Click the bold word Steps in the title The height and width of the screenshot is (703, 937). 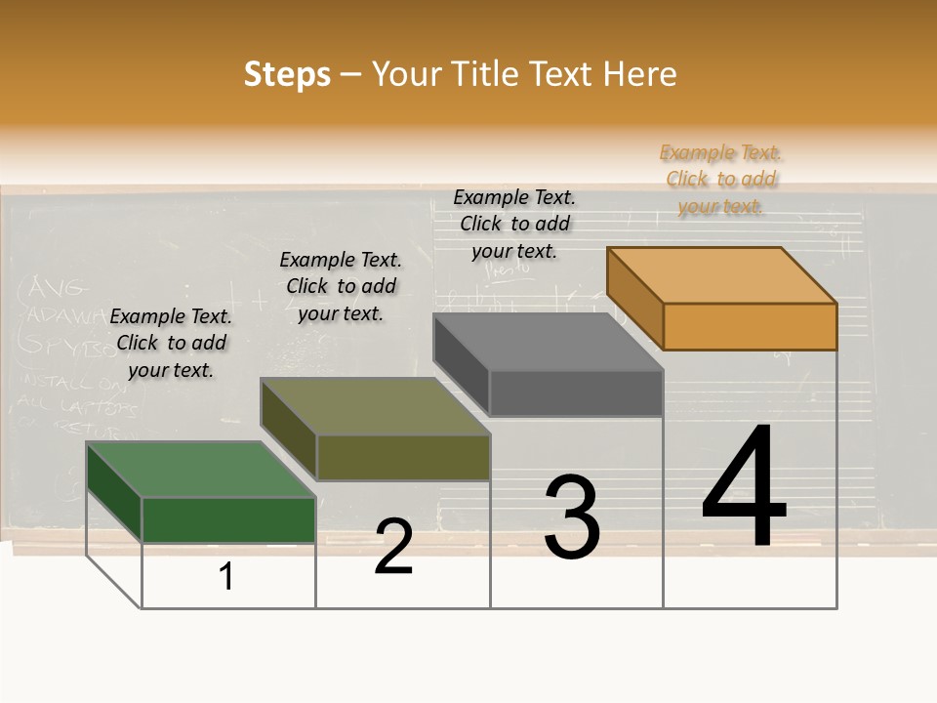[x=287, y=74]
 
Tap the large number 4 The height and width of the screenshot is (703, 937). [x=744, y=488]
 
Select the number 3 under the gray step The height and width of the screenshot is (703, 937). [x=572, y=517]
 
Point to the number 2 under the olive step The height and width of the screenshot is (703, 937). [x=393, y=547]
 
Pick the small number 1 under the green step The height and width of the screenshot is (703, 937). [x=226, y=576]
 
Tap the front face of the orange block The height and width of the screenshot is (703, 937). [x=750, y=326]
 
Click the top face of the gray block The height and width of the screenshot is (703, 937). [x=547, y=342]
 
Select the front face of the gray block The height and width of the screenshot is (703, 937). [x=576, y=393]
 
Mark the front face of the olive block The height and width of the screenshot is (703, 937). [x=403, y=457]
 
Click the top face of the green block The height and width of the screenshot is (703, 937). [x=200, y=470]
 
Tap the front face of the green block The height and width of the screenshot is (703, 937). [x=228, y=519]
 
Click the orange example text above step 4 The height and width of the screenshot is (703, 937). [x=720, y=180]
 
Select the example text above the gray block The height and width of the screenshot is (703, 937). [x=514, y=225]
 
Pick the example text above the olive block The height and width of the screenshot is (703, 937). [x=341, y=286]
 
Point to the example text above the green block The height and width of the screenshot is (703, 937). [x=171, y=343]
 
